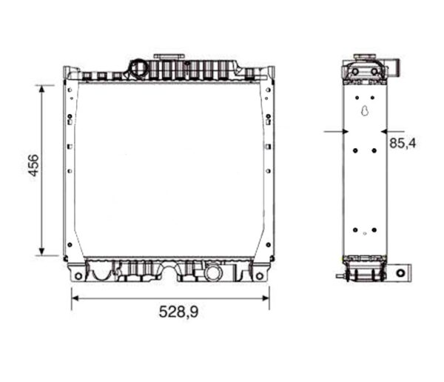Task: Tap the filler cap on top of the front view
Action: [x=169, y=58]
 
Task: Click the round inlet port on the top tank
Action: [x=138, y=69]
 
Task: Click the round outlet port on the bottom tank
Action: [x=212, y=272]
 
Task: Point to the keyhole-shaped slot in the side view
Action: [x=363, y=112]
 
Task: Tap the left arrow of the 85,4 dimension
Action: [x=342, y=132]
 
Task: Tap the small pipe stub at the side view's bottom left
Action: [x=339, y=276]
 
